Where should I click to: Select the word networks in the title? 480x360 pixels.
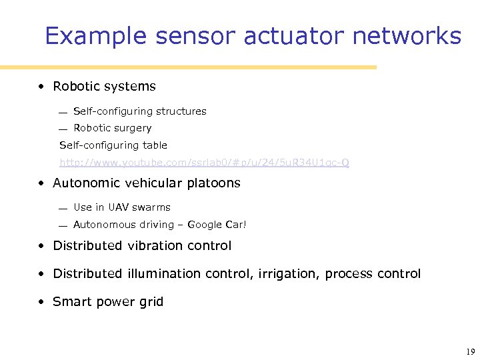pos(407,36)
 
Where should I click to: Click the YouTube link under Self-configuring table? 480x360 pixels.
pos(204,163)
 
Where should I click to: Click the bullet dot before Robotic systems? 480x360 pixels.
pos(41,87)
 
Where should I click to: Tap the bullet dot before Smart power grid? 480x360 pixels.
pos(41,302)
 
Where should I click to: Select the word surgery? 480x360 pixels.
pos(134,128)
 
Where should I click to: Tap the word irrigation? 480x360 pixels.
pos(289,274)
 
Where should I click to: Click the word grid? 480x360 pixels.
pos(151,302)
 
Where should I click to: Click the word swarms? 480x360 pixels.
pos(153,207)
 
